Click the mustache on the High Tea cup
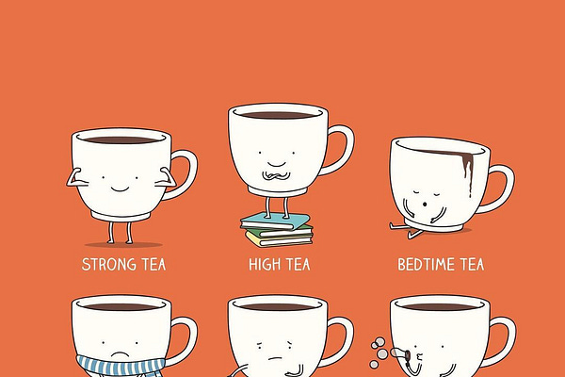(276, 175)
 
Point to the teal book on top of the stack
(275, 221)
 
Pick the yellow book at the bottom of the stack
(280, 239)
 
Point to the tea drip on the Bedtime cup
(467, 170)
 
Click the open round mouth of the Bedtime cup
(425, 205)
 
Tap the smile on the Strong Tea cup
(120, 189)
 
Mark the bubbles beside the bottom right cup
(379, 352)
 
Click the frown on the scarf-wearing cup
(120, 354)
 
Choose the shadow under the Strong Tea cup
(123, 245)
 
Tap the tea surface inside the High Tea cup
(278, 115)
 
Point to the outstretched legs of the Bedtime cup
(405, 228)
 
